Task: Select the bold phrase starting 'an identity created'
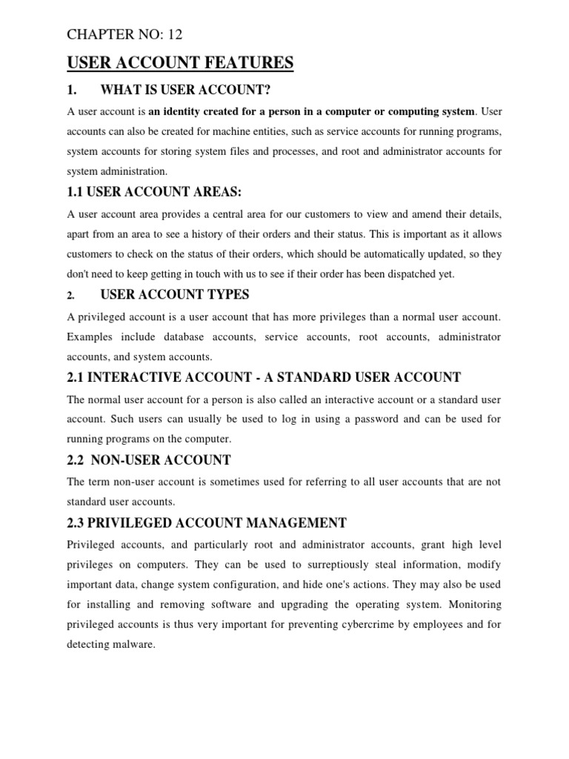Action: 311,112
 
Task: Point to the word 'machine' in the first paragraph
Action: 250,131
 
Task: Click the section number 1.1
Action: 76,192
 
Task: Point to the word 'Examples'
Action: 89,337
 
